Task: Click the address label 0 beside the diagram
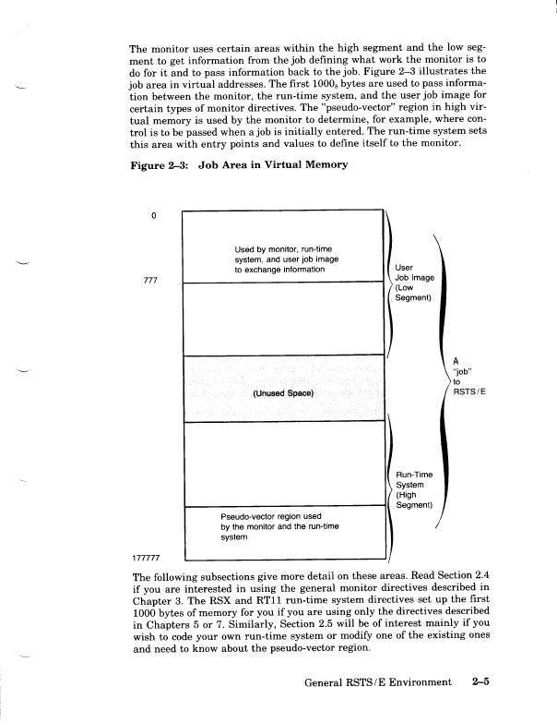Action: pos(155,217)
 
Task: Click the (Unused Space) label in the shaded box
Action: pos(283,393)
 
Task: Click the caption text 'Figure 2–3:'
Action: pos(160,165)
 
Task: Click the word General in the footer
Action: pos(329,682)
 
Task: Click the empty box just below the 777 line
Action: pos(283,317)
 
